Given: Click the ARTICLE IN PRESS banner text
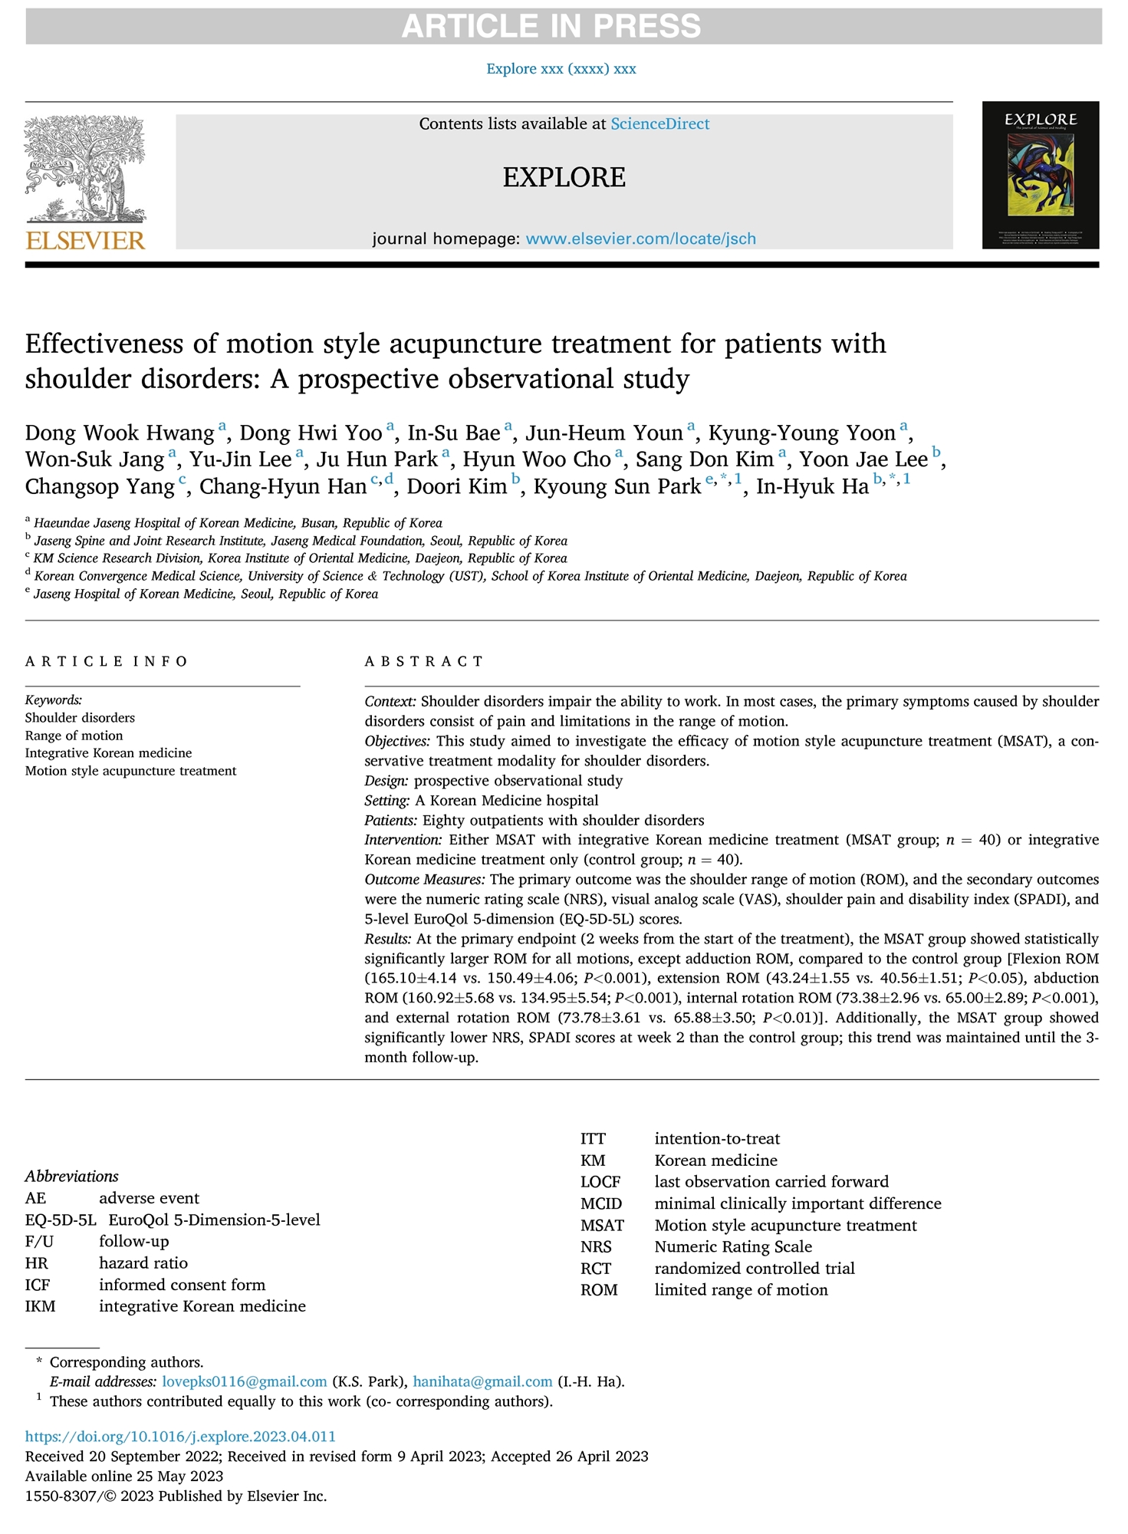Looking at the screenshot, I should (x=551, y=27).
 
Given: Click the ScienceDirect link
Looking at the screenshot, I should (x=659, y=124).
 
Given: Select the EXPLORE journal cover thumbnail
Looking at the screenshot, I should (x=1040, y=175).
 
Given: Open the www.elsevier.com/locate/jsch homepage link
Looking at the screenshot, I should (x=640, y=239).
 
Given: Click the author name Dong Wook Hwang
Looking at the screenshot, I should (x=120, y=433).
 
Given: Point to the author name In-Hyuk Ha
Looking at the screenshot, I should (x=812, y=487).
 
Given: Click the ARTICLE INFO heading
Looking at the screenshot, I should (x=107, y=661).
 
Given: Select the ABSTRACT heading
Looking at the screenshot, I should (x=424, y=661).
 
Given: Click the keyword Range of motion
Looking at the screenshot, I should (x=74, y=736).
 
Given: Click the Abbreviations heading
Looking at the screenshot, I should (x=71, y=1177).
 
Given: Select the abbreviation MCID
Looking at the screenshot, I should (x=601, y=1204).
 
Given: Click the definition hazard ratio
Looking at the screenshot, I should (x=143, y=1263).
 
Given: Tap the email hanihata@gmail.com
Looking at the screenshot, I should (x=482, y=1382).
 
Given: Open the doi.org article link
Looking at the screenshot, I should (x=180, y=1437).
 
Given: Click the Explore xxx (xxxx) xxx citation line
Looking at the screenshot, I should (x=561, y=69).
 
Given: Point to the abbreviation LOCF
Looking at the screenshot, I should (x=600, y=1182).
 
